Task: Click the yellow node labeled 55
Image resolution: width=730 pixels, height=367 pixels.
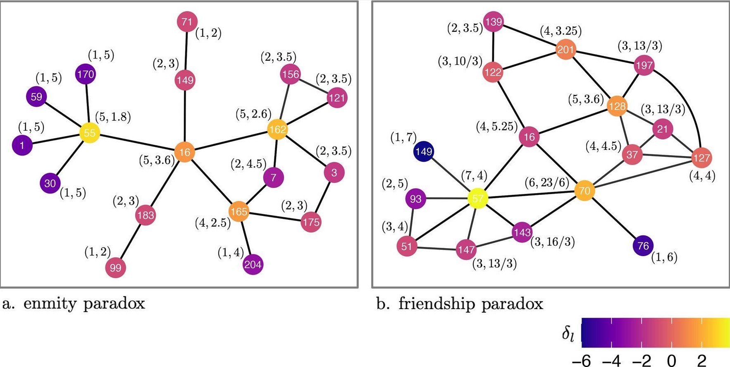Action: click(x=90, y=133)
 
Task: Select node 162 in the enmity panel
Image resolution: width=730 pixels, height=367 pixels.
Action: click(x=277, y=130)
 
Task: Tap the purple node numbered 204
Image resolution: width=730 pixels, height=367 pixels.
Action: click(x=253, y=264)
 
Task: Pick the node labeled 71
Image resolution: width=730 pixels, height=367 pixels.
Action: click(x=187, y=22)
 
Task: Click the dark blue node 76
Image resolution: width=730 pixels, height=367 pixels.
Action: click(x=643, y=246)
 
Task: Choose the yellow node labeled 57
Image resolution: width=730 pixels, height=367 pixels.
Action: click(x=478, y=199)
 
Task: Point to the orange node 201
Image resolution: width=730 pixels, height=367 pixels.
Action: click(x=565, y=50)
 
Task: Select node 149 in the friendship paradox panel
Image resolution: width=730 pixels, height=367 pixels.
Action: click(x=424, y=151)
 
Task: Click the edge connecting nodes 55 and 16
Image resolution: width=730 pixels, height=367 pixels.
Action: click(x=137, y=143)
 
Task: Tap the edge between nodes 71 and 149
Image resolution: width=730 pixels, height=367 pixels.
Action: click(x=186, y=50)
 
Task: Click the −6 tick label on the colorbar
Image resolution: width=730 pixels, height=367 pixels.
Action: click(x=581, y=360)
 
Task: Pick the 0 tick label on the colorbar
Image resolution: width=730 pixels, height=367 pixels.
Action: click(x=672, y=360)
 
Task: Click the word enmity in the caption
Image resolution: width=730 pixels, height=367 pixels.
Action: click(x=50, y=304)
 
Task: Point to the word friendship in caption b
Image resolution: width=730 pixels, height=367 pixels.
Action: click(x=437, y=304)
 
